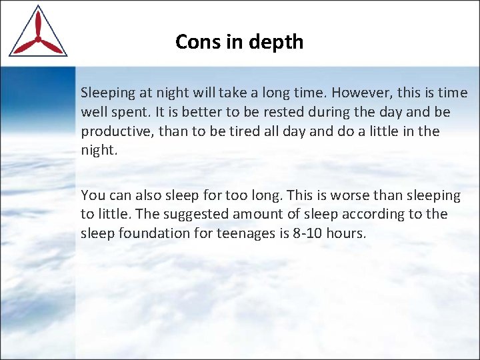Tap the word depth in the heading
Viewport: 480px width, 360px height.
[277, 42]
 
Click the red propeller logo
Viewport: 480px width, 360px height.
[37, 33]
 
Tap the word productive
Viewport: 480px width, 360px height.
[117, 131]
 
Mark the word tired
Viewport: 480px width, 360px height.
[236, 131]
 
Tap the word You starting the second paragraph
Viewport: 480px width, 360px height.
[92, 195]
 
